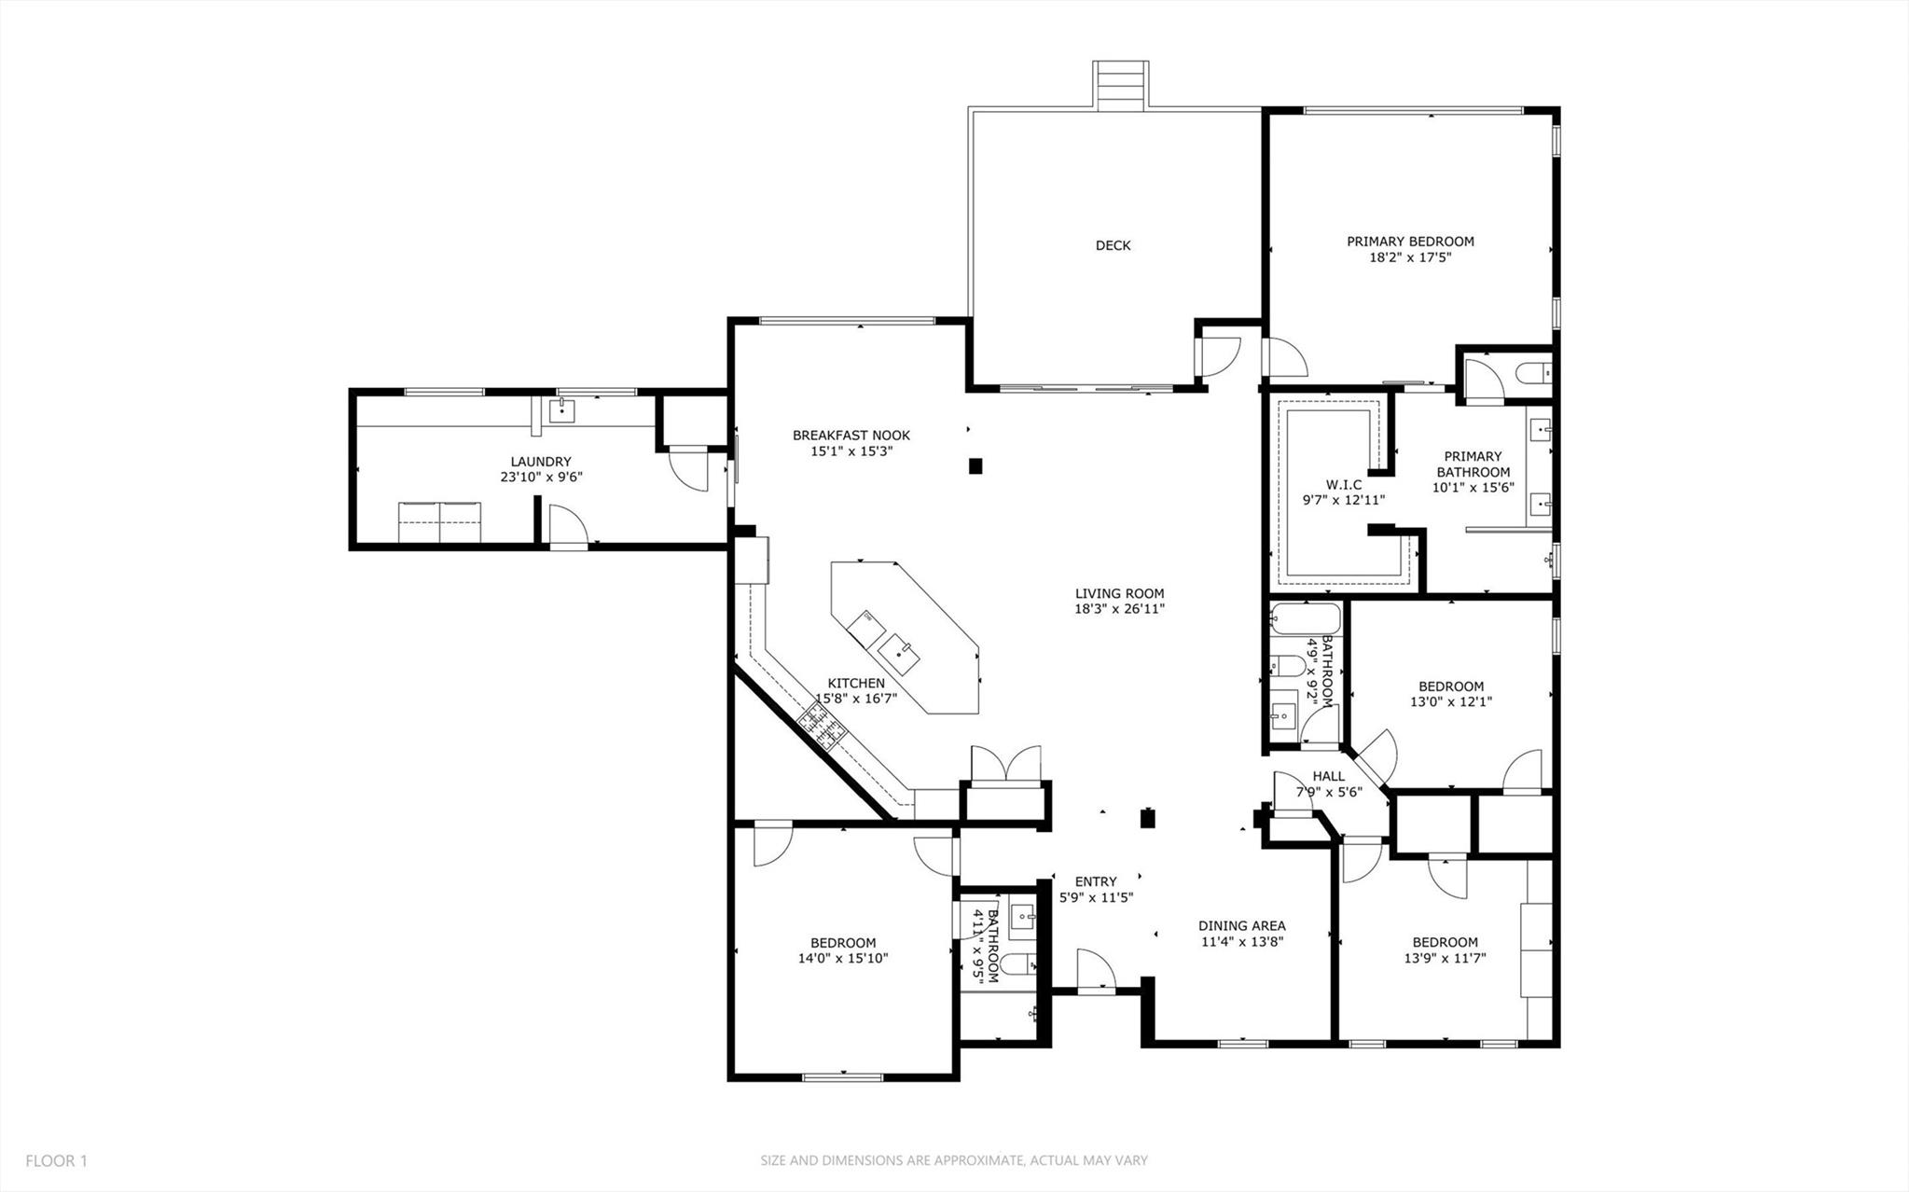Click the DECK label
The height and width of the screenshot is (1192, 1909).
pos(1113,245)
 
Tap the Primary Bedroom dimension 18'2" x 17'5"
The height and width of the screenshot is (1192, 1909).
pos(1410,257)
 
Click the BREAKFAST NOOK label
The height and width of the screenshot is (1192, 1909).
pos(851,435)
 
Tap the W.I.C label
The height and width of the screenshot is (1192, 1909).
pos(1343,484)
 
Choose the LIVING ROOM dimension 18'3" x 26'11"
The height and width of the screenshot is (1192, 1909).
pos(1119,609)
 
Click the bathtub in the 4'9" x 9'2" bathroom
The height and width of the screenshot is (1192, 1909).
pos(1305,618)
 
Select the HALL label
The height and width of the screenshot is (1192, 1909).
pos(1329,776)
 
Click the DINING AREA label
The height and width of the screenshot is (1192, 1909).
pos(1241,925)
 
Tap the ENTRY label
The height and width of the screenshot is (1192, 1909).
pos(1096,881)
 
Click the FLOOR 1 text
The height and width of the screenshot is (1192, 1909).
pos(56,1161)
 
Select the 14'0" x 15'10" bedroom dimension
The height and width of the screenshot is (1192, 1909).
pos(842,958)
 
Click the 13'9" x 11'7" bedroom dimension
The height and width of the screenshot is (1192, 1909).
pos(1445,957)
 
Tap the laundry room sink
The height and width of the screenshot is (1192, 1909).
pos(562,409)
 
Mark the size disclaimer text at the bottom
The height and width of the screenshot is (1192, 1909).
pos(953,1161)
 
